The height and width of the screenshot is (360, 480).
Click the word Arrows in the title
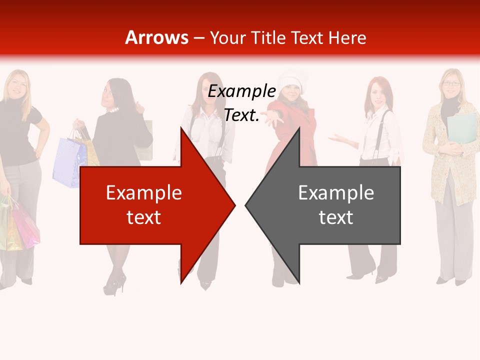click(x=157, y=37)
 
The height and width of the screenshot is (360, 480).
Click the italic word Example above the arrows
click(x=241, y=91)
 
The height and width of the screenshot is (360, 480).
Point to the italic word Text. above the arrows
click(x=241, y=115)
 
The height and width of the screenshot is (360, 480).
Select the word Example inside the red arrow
click(x=143, y=192)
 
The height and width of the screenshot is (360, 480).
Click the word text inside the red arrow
click(x=143, y=217)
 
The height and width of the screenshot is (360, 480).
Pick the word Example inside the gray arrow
click(x=336, y=192)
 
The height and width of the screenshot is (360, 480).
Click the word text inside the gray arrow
click(x=336, y=217)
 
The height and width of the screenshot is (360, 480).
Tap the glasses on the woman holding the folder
click(x=451, y=83)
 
